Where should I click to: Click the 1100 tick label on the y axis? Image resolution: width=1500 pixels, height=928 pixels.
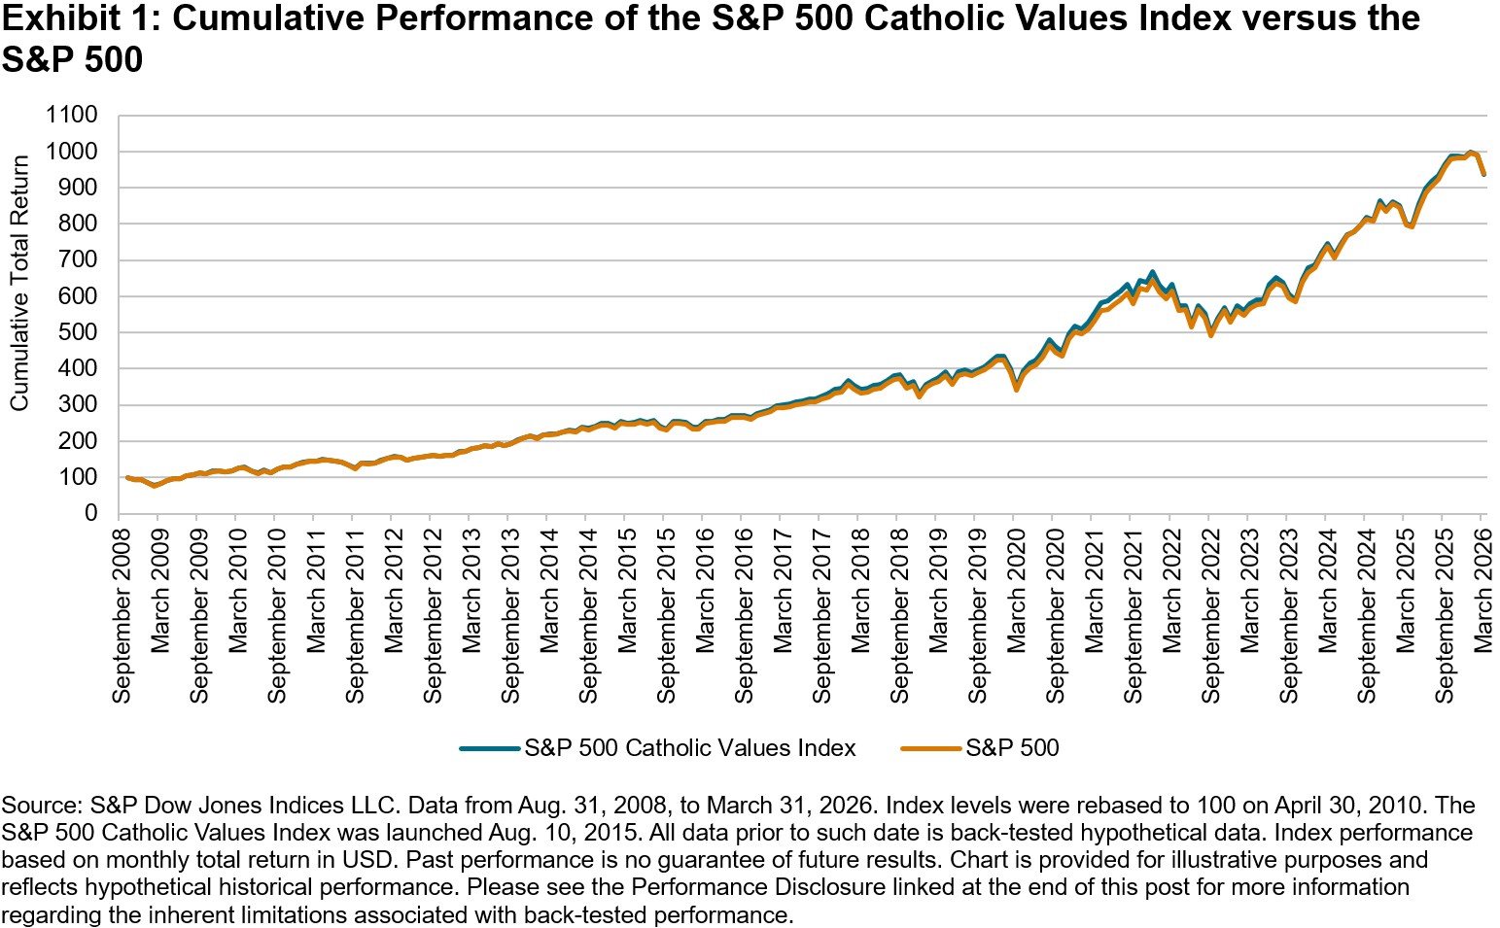pyautogui.click(x=72, y=115)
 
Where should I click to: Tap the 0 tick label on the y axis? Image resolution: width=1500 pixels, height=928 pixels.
pyautogui.click(x=91, y=513)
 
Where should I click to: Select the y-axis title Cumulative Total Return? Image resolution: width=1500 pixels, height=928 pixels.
pyautogui.click(x=19, y=284)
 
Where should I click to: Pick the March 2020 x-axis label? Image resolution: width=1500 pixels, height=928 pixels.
pyautogui.click(x=1016, y=590)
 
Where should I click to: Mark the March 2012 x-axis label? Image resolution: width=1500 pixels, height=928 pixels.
pyautogui.click(x=394, y=590)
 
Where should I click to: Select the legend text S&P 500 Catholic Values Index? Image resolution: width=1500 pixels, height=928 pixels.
pyautogui.click(x=689, y=748)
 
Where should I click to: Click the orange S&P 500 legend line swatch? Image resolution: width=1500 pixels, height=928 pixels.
pyautogui.click(x=931, y=748)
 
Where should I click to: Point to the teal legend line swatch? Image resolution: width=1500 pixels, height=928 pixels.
pyautogui.click(x=490, y=748)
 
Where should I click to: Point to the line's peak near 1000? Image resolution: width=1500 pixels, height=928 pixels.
pyautogui.click(x=1471, y=153)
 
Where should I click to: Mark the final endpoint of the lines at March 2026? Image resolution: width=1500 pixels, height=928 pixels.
pyautogui.click(x=1483, y=175)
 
